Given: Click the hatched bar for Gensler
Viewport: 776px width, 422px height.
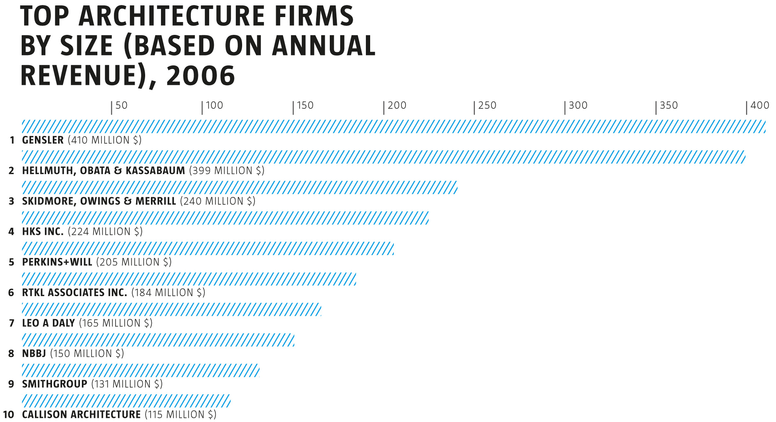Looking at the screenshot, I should [393, 127].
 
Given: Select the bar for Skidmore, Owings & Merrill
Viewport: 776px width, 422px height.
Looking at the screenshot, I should [240, 188].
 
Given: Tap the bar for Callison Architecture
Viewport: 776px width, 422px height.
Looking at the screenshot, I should [126, 401].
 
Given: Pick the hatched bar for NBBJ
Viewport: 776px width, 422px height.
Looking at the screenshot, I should [158, 340].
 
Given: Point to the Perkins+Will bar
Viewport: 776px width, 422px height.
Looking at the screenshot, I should [208, 249].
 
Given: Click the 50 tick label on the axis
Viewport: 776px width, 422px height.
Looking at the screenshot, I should [121, 105].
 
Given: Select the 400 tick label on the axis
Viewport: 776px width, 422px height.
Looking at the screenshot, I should [760, 105].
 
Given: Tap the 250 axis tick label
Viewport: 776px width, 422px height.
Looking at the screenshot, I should [487, 105].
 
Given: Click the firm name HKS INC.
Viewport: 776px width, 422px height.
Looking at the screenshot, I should [43, 232].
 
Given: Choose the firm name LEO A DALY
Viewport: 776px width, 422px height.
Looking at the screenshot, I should [48, 323].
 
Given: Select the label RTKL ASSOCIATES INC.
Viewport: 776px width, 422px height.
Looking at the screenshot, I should [74, 293].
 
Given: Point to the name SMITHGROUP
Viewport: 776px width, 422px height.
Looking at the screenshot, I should [54, 384].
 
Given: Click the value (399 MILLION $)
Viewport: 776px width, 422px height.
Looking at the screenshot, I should [227, 171].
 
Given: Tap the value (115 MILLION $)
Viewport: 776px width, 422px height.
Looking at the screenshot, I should [180, 415].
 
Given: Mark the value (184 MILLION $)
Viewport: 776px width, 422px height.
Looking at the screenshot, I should [168, 293].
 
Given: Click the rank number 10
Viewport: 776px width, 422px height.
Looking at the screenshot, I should [8, 415].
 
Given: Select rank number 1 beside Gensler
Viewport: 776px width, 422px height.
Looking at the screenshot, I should [12, 140].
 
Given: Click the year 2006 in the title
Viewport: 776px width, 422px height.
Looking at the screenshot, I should [200, 76].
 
